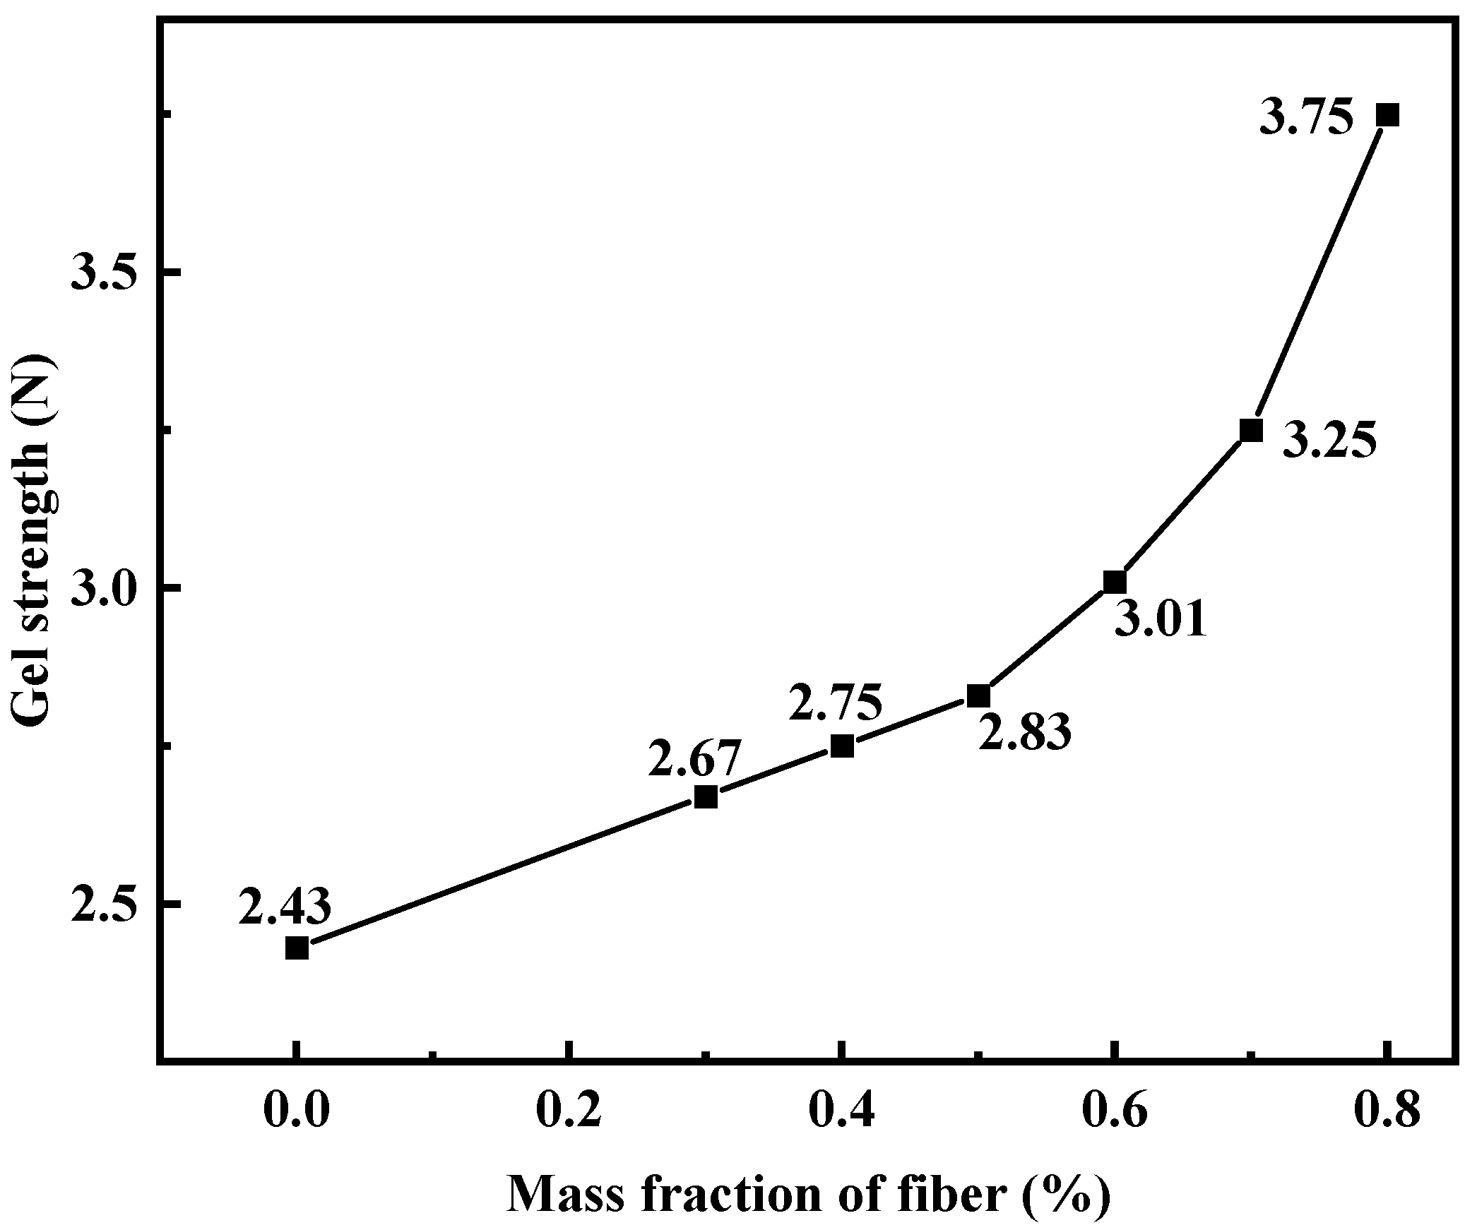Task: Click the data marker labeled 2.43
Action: click(297, 948)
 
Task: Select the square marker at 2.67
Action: click(706, 796)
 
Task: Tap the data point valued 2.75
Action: click(842, 746)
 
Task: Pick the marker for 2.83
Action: click(978, 695)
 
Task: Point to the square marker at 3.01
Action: click(1115, 583)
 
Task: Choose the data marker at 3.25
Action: click(1251, 430)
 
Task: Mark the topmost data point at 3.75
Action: click(1387, 114)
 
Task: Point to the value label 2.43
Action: click(285, 907)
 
